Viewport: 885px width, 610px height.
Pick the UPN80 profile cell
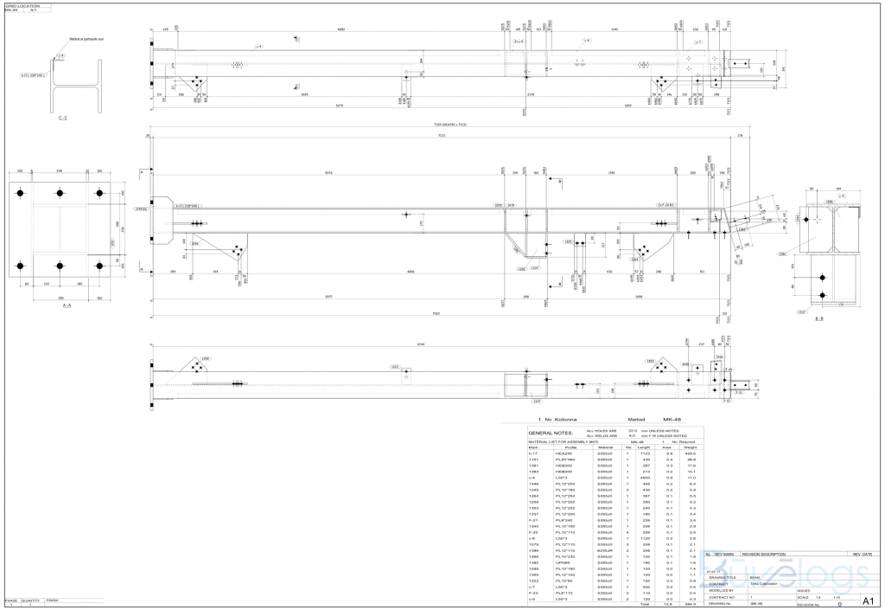pyautogui.click(x=563, y=562)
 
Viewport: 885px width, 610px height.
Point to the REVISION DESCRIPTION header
pyautogui.click(x=764, y=554)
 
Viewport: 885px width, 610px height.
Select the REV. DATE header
pyautogui.click(x=863, y=554)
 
